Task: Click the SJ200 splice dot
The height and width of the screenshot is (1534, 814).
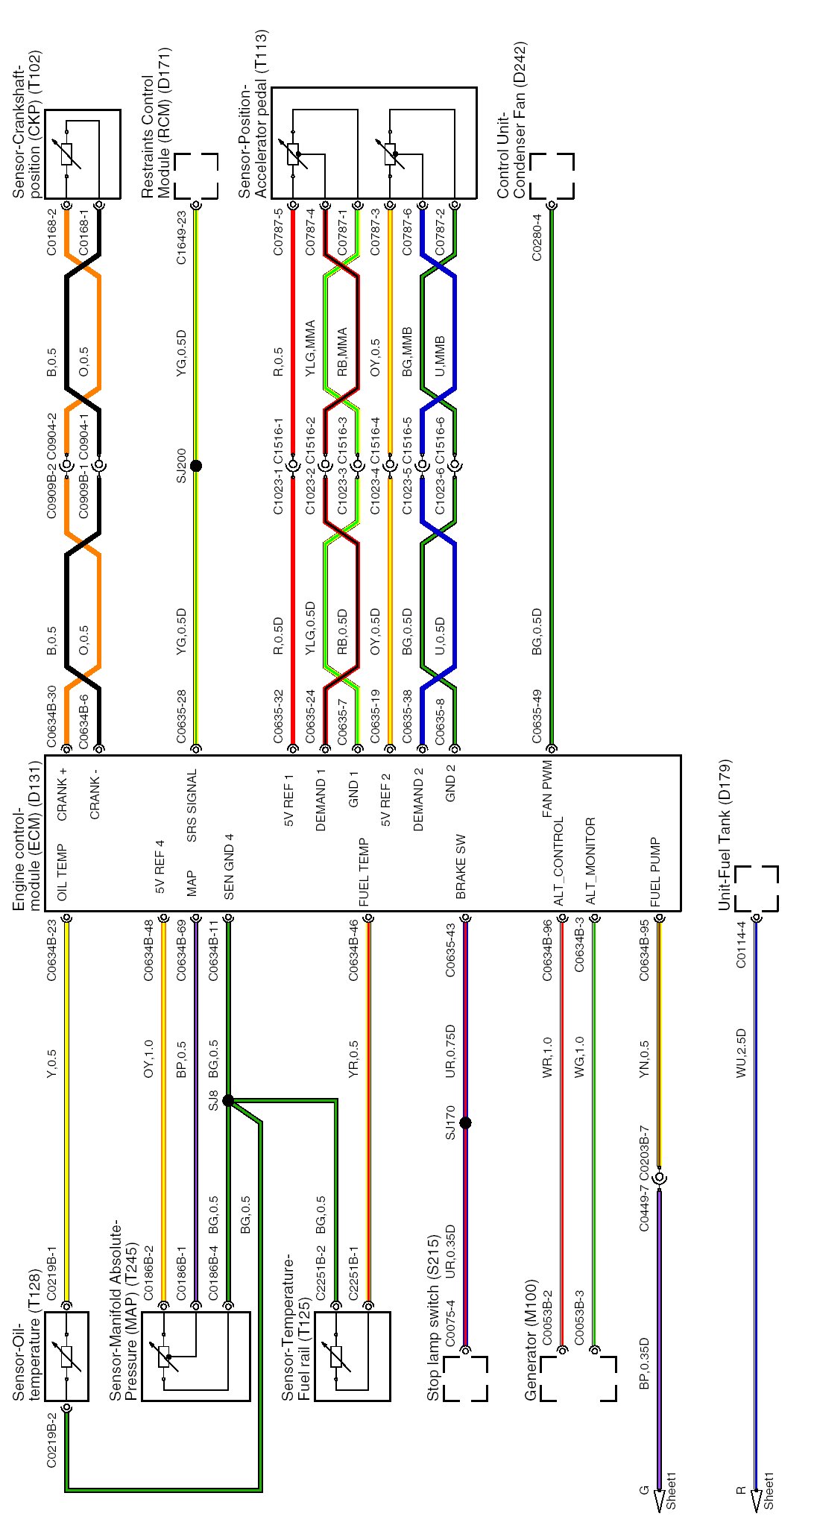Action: [196, 466]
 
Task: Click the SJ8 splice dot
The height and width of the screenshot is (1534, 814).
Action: [228, 1100]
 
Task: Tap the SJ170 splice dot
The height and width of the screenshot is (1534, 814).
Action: [466, 1123]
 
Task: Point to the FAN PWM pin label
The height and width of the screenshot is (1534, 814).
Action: [548, 791]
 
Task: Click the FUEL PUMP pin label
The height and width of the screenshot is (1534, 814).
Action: [655, 873]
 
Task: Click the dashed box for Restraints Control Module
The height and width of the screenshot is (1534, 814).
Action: [197, 176]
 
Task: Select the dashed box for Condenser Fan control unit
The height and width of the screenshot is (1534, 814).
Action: [552, 176]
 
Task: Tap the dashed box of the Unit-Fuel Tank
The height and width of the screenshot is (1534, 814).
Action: [756, 888]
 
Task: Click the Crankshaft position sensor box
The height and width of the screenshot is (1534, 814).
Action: [83, 154]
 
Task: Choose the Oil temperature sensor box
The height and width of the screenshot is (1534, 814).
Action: [66, 1356]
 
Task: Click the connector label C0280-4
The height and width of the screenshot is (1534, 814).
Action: [537, 238]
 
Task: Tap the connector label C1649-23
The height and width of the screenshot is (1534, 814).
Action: [181, 238]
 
